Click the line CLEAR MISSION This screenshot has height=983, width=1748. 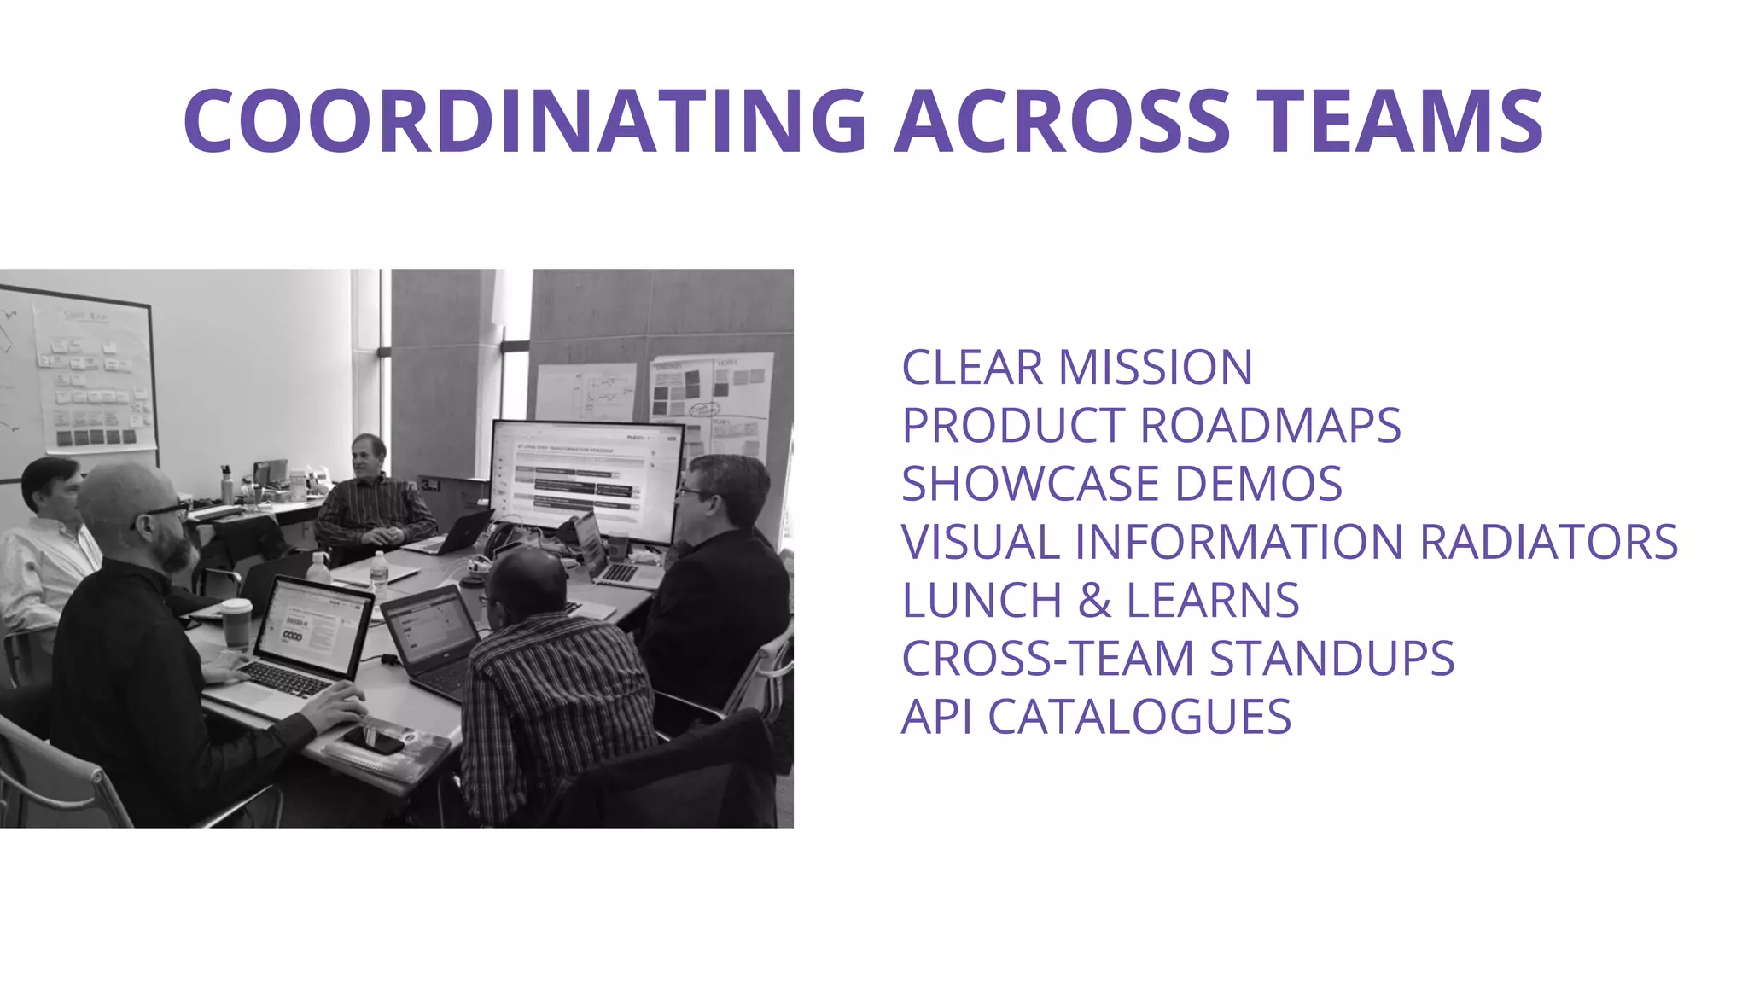pos(1077,368)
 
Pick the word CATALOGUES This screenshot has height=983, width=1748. pos(1139,717)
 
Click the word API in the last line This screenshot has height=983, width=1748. pos(936,717)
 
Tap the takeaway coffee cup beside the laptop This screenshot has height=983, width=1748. pos(236,623)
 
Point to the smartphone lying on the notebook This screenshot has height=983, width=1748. pos(373,740)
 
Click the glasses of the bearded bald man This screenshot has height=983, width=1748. pos(167,511)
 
